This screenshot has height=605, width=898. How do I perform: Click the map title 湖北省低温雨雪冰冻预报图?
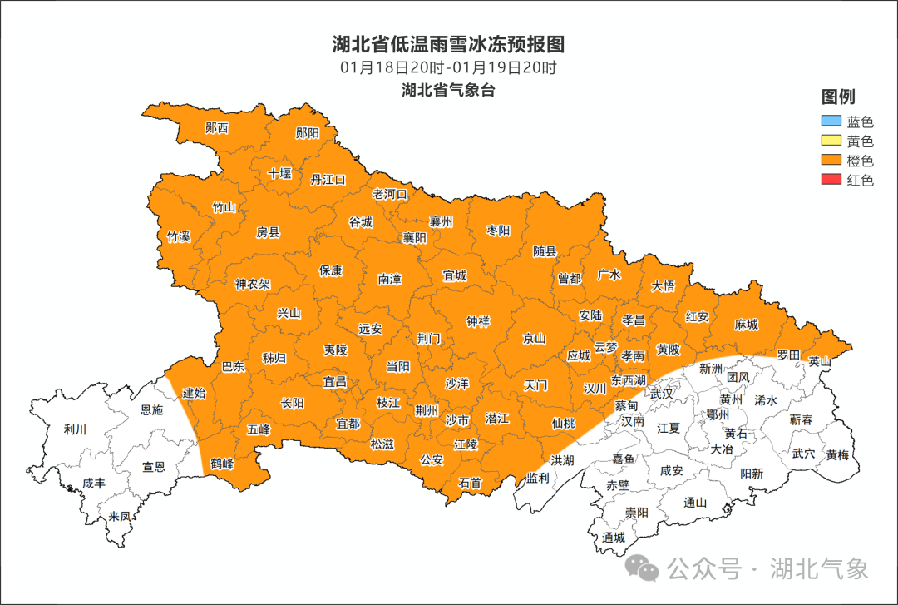(x=448, y=43)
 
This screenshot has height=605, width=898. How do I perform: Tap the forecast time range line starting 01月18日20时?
(x=448, y=67)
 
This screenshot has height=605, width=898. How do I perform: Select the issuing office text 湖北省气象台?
(x=448, y=90)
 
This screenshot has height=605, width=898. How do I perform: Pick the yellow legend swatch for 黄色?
(x=831, y=141)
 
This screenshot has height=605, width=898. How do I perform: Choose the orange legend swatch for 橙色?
(x=831, y=161)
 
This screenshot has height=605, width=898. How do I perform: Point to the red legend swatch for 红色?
(x=831, y=180)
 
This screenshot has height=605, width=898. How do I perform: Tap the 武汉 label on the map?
(x=662, y=393)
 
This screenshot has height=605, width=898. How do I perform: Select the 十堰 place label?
(x=280, y=174)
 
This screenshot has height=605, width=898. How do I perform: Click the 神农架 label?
(x=253, y=284)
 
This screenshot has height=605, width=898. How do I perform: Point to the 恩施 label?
(x=152, y=409)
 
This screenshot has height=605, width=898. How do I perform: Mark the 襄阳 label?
(x=414, y=238)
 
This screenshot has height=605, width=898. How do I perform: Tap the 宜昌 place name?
(x=334, y=382)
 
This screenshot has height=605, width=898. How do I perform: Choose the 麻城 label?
(x=747, y=325)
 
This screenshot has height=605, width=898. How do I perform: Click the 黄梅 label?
(x=837, y=454)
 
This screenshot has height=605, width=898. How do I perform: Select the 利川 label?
(x=75, y=429)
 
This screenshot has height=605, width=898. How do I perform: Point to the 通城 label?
(x=614, y=538)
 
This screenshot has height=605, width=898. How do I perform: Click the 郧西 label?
(x=217, y=128)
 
